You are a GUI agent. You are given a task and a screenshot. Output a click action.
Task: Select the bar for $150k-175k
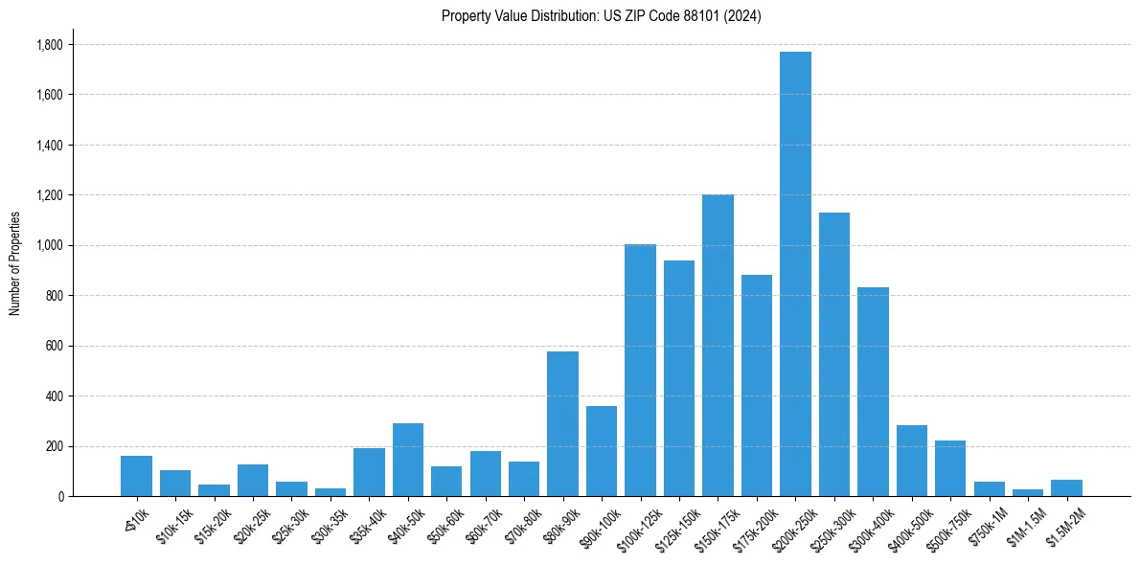(x=718, y=346)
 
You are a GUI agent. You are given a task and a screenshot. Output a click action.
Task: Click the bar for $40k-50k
(x=408, y=460)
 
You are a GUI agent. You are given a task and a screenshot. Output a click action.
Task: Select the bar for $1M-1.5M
(x=1028, y=492)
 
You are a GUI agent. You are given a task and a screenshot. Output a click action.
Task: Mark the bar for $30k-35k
(x=331, y=492)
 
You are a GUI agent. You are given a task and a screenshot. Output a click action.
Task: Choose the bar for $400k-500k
(x=912, y=461)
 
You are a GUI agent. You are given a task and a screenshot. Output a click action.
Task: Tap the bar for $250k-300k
(x=834, y=354)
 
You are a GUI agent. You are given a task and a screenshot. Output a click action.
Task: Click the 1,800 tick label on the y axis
(x=49, y=45)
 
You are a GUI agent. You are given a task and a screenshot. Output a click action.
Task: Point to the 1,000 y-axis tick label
(x=49, y=245)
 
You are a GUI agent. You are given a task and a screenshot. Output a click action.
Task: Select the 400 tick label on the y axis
(x=55, y=395)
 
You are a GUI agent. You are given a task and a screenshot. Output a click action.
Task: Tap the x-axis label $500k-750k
(x=943, y=527)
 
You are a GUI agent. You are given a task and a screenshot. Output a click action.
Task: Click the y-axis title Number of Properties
(x=14, y=263)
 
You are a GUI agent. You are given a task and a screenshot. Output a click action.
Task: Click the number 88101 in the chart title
(x=687, y=16)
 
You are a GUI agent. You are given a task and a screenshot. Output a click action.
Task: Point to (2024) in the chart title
(x=741, y=16)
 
